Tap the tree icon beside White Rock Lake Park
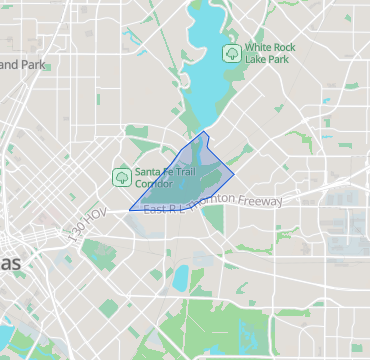point(231,52)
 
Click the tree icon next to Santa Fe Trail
point(121,177)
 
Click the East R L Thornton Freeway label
point(213,204)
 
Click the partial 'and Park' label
point(24,65)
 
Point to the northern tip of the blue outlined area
point(205,131)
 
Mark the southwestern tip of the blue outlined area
point(129,210)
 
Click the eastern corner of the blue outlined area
point(235,172)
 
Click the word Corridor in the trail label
point(155,184)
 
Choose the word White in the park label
point(261,47)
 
